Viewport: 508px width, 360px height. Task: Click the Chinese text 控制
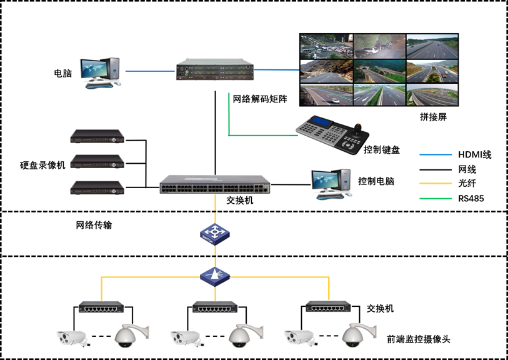click(x=372, y=149)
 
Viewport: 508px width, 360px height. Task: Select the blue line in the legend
click(x=436, y=154)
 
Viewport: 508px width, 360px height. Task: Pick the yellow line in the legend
click(x=436, y=183)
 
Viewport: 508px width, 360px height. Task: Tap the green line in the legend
click(x=436, y=199)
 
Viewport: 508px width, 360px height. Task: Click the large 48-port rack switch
click(x=215, y=184)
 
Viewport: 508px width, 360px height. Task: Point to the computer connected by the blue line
click(x=100, y=72)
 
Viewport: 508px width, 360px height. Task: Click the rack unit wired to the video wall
click(x=214, y=70)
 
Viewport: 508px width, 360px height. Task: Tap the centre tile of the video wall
click(x=379, y=70)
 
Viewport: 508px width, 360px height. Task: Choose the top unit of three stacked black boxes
click(x=97, y=137)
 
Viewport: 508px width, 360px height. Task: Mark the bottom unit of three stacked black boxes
click(x=97, y=187)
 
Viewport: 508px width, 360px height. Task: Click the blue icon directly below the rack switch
click(x=215, y=234)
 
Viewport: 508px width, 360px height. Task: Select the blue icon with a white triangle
click(x=215, y=276)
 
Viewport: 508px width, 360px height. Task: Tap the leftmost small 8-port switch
click(x=101, y=307)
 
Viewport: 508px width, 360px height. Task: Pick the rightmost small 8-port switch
click(x=328, y=307)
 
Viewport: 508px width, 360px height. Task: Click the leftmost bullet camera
click(x=73, y=338)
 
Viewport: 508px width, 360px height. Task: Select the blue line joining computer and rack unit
click(x=150, y=71)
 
